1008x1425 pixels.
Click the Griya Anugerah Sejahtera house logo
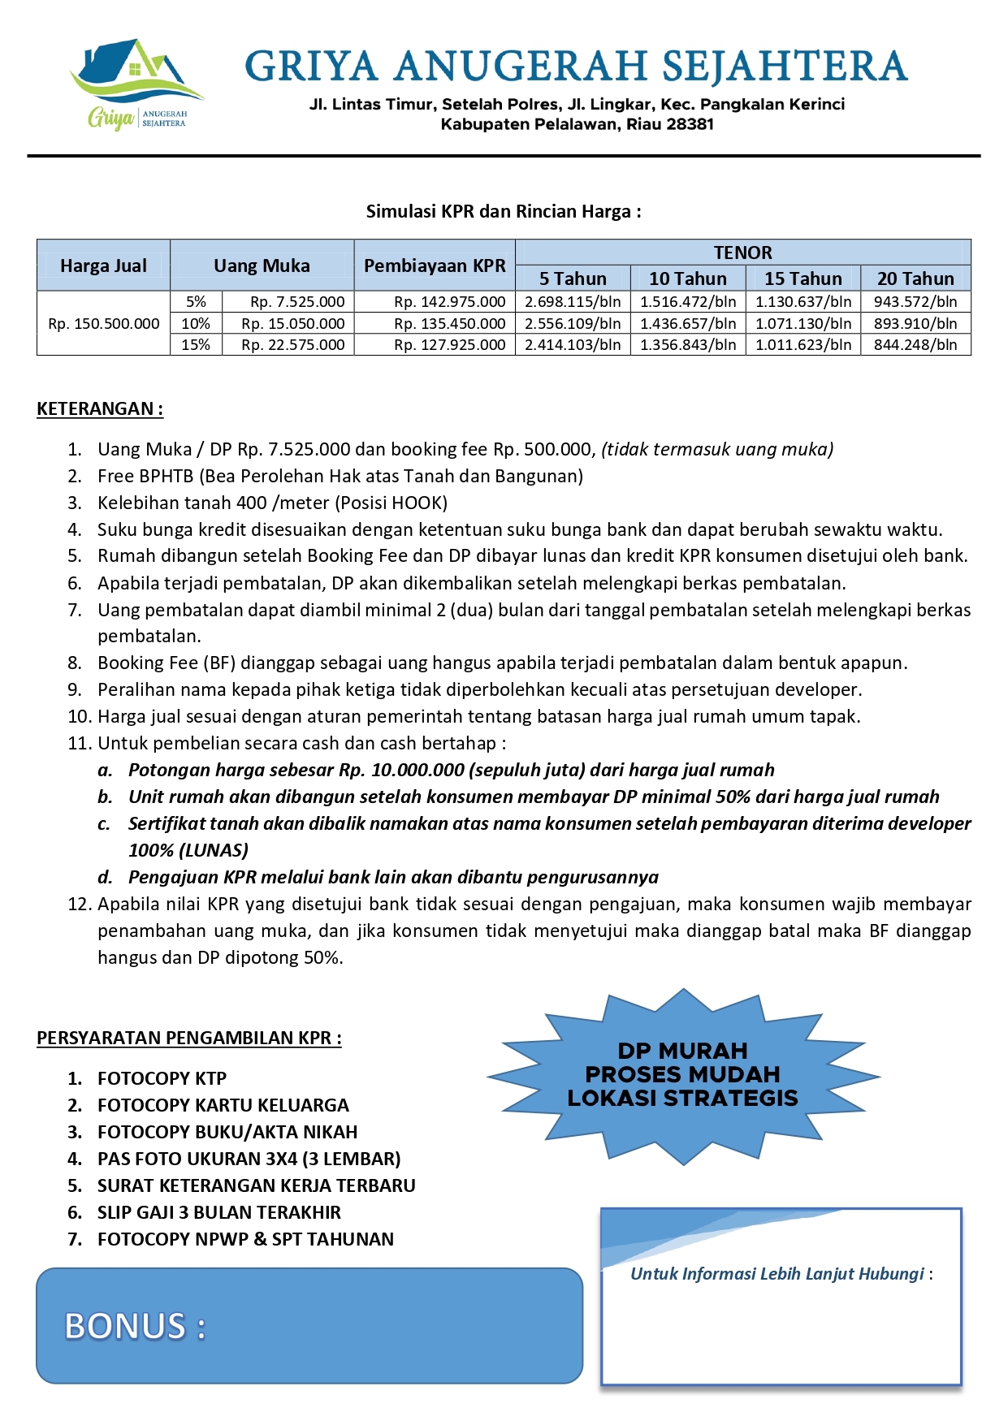pos(136,84)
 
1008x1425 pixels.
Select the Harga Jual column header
pos(103,266)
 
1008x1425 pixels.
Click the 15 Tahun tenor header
pos(803,279)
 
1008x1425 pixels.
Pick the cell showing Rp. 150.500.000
pos(104,323)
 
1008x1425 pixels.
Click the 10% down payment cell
pos(196,323)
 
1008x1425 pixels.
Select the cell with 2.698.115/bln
pos(573,302)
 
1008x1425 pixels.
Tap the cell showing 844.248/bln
pos(915,345)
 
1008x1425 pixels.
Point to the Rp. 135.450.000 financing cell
pos(449,323)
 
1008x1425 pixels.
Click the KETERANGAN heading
pos(99,408)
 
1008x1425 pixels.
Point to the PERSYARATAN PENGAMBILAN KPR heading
pos(188,1038)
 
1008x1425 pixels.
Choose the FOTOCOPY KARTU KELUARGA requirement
pos(223,1105)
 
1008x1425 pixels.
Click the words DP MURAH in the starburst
pos(682,1051)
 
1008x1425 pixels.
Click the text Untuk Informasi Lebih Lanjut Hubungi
pos(777,1274)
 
